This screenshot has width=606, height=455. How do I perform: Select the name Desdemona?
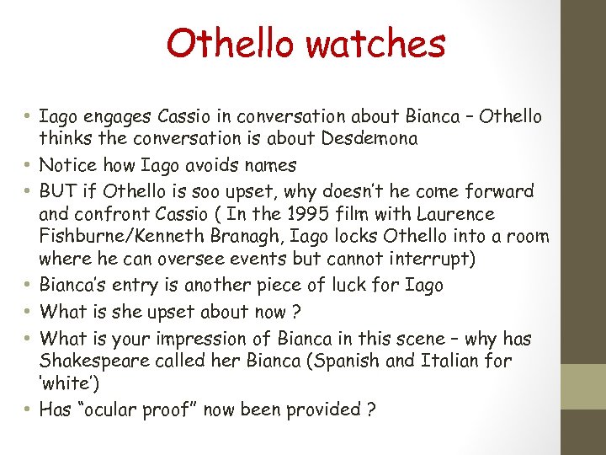pyautogui.click(x=366, y=138)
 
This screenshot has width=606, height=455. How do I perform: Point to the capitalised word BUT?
pyautogui.click(x=57, y=191)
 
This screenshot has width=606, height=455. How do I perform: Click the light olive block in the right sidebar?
pyautogui.click(x=583, y=386)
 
